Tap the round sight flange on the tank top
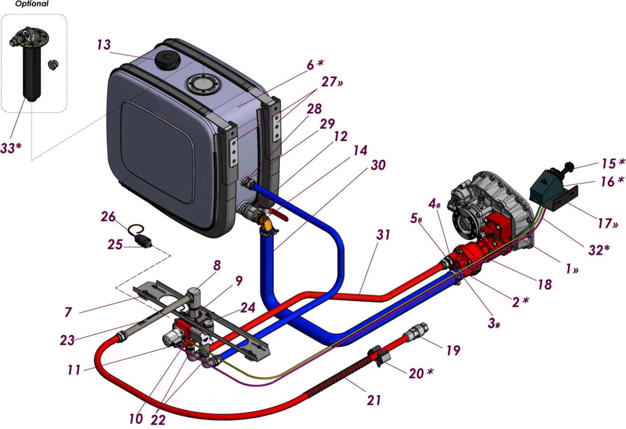pos(202,85)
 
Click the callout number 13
pos(104,44)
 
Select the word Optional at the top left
pos(31,4)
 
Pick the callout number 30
pos(378,165)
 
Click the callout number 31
pos(383,235)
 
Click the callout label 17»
pos(608,223)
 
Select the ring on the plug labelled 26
pos(137,230)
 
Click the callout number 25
pos(115,244)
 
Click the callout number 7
pos(68,312)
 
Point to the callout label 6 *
pos(315,64)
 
